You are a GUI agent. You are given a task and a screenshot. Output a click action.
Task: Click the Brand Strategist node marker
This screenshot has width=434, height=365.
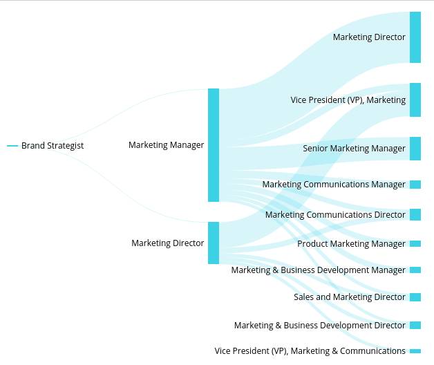12,146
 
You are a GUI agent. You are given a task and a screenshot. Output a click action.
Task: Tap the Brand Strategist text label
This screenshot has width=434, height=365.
53,146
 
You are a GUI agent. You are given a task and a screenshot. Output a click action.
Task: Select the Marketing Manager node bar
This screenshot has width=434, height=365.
214,145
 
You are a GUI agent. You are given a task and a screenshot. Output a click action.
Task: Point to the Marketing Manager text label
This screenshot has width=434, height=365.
167,145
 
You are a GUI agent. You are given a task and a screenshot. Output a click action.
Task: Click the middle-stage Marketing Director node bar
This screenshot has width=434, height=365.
214,243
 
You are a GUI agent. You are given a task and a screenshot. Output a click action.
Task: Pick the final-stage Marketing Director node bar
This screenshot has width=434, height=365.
415,37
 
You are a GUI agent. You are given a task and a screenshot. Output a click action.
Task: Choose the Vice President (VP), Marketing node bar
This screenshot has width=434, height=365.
415,100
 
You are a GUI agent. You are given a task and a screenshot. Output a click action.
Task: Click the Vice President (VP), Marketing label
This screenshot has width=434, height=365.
348,100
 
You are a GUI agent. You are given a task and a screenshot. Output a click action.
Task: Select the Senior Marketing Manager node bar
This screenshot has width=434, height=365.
415,149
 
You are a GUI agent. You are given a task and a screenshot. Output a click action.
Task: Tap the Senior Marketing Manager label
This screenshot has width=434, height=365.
355,149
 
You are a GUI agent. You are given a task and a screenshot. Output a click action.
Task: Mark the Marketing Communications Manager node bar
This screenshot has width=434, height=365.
415,185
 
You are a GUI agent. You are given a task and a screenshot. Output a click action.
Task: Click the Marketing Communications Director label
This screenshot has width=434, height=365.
335,215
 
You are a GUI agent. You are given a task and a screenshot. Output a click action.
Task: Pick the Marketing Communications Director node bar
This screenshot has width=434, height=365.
415,215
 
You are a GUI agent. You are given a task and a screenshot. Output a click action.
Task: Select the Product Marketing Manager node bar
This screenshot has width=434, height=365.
415,244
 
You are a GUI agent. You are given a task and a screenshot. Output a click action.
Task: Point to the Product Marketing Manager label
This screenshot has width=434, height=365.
352,244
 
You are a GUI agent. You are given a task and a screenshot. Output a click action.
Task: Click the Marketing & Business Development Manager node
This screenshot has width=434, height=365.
415,270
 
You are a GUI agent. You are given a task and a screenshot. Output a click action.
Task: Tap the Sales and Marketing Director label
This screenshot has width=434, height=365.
350,297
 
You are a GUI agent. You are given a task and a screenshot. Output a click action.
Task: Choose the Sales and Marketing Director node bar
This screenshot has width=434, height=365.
415,297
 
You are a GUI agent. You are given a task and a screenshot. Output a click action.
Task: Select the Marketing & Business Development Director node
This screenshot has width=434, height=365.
415,326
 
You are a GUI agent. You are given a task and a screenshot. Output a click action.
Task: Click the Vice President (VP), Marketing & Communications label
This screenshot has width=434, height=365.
310,351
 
